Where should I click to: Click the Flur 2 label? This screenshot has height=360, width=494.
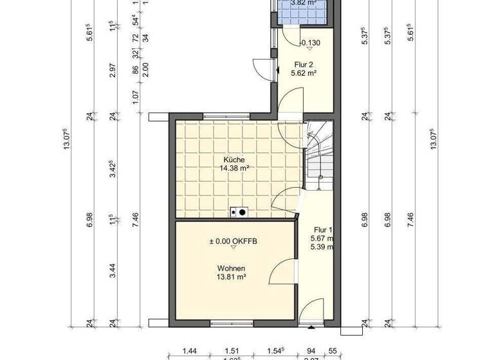pos(303,64)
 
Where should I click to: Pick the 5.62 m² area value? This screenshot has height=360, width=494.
pos(303,73)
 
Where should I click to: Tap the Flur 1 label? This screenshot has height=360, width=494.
pos(323,230)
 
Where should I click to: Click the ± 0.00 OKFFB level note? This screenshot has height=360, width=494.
pos(232,242)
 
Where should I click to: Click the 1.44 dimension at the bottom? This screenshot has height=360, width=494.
pos(189,351)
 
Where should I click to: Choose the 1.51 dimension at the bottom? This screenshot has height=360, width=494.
pos(233,351)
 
